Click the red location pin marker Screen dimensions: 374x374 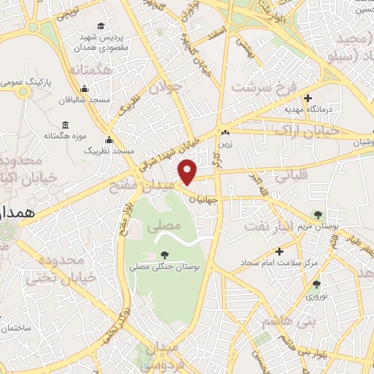click(188, 171)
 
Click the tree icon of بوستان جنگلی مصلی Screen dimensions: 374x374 click(164, 255)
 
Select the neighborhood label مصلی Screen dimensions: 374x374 click(164, 227)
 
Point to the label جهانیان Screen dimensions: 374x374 click(202, 198)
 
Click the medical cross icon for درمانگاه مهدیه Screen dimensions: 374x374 click(308, 98)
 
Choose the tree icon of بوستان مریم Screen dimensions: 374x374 click(317, 214)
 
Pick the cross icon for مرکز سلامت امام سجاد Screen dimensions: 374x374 click(278, 251)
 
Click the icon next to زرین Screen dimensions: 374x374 click(226, 133)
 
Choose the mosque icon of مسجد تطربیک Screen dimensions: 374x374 click(110, 140)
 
